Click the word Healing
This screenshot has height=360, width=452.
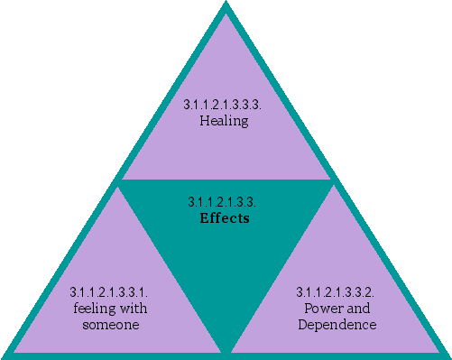click(x=224, y=119)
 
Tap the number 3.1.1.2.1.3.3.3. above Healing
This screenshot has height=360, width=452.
click(x=224, y=105)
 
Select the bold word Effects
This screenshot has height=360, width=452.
click(x=224, y=217)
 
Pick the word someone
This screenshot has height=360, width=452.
click(x=108, y=324)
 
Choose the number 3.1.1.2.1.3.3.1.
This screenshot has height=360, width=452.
click(x=108, y=293)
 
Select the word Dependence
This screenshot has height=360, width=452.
click(x=336, y=324)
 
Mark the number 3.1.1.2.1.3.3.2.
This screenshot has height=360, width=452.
click(x=336, y=293)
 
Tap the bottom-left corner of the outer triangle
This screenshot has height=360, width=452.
click(x=5, y=354)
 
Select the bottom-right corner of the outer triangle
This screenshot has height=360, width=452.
click(x=447, y=354)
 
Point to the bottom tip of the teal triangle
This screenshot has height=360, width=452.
click(x=226, y=351)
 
